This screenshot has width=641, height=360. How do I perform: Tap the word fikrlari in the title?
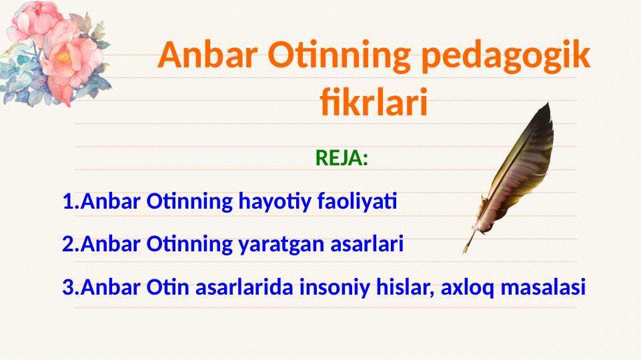(374, 102)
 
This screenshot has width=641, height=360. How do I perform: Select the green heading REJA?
(342, 158)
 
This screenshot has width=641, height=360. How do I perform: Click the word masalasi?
(543, 287)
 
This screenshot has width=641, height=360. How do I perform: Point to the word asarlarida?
(244, 287)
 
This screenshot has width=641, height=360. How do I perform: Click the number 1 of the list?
(68, 202)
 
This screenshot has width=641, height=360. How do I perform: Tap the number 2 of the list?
(68, 245)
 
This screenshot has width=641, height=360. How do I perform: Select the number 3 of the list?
(68, 287)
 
